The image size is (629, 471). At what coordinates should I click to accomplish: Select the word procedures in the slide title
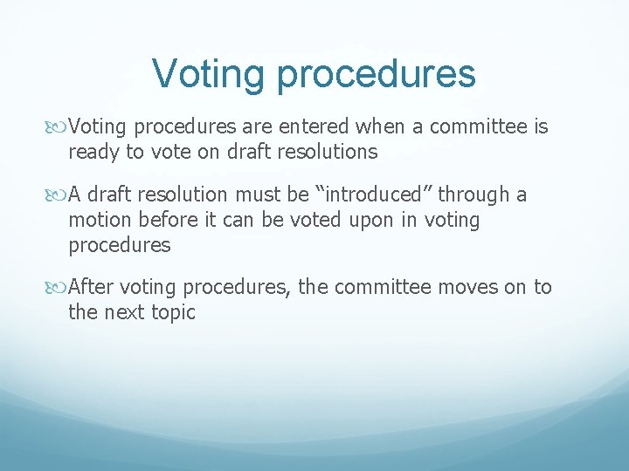point(377,76)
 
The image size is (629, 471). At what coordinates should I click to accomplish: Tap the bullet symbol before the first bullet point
point(59,127)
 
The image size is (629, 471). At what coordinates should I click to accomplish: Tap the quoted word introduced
point(377,195)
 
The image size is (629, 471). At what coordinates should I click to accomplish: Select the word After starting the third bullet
point(91,287)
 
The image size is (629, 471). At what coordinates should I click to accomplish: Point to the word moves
point(467,287)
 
